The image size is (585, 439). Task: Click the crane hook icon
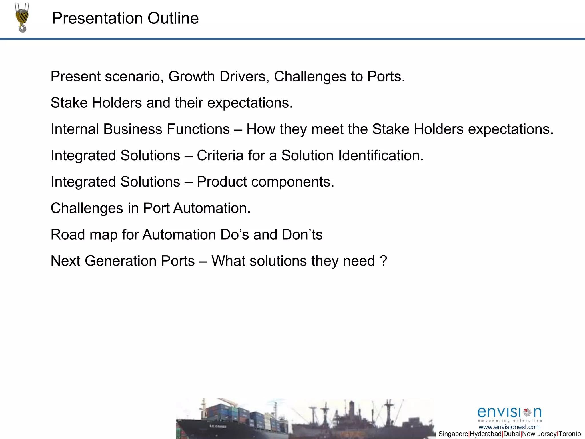pos(22,18)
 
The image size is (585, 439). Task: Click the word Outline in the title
pos(173,19)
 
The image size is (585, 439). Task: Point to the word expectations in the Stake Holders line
pos(250,103)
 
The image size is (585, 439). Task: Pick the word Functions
pos(198,129)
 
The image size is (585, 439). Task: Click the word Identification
pos(381,156)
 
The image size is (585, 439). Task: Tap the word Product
pos(222,182)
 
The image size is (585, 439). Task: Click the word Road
pos(68,235)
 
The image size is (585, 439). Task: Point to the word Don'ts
pos(302,235)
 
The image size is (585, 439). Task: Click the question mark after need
pos(383,261)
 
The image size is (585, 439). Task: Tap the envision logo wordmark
pos(510,413)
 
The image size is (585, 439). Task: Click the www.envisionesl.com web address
pos(510,427)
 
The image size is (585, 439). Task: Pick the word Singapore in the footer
pos(453,434)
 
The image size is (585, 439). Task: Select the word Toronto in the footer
pos(570,434)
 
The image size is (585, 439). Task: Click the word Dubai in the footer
pos(512,434)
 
